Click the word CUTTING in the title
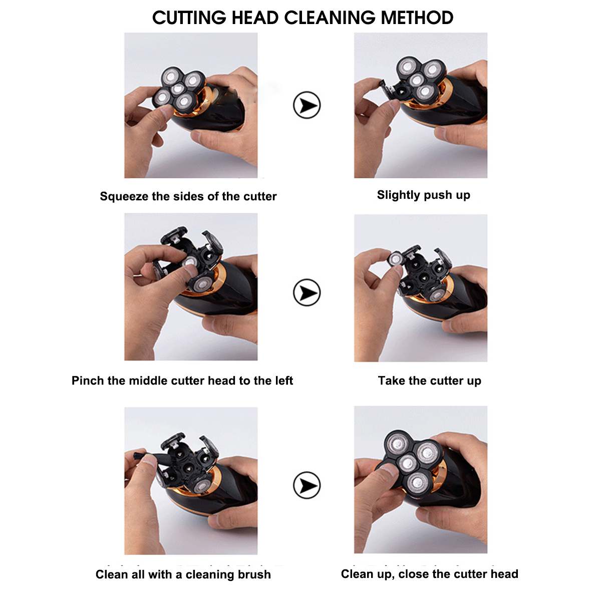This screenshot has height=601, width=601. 189,18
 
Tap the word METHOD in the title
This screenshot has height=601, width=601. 417,18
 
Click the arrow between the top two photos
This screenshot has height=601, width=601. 307,105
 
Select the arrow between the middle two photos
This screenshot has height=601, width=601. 307,292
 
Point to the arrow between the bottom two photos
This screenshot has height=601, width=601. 307,485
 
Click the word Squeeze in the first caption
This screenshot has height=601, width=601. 124,196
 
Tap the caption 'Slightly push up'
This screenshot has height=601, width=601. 423,195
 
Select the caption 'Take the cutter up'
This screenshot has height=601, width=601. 429,381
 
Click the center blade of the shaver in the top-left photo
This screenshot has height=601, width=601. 178,89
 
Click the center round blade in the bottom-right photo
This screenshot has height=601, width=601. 409,462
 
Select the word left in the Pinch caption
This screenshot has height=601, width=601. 283,381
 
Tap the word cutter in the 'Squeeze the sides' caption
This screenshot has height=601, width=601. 259,196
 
